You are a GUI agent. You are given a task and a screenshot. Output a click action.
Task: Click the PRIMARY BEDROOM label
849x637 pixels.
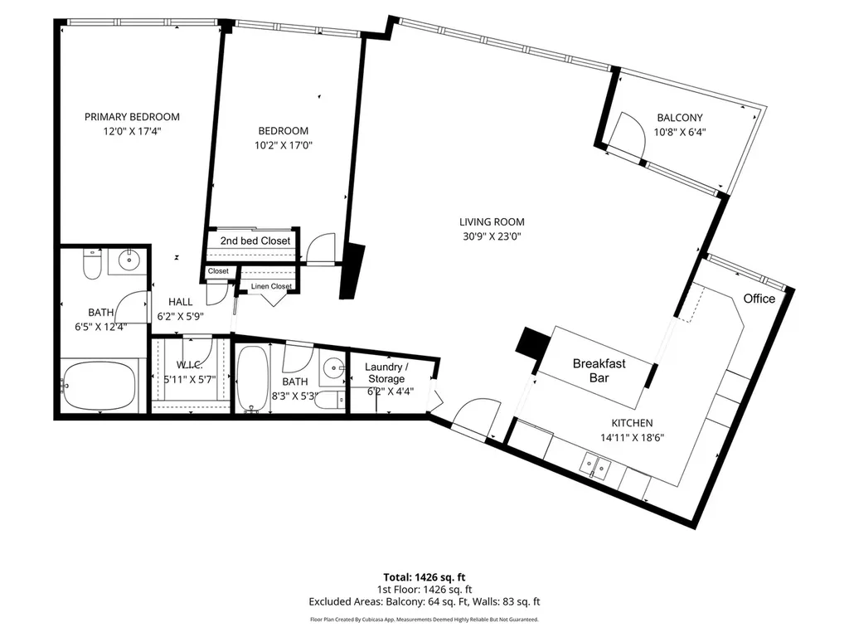(132, 116)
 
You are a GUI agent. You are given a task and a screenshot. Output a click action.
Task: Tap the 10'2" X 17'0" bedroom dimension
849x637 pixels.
(284, 145)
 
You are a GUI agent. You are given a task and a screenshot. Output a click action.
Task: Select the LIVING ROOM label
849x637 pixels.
(492, 221)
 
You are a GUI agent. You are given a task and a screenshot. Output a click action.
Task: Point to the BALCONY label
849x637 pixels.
(680, 118)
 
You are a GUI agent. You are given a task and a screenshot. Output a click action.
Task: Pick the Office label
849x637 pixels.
(759, 299)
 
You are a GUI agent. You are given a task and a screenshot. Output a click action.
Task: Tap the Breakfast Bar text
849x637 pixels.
(599, 371)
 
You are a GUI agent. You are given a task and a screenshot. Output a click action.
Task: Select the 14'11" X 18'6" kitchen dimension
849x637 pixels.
(632, 438)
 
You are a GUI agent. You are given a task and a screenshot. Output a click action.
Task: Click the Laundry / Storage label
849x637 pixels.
(386, 372)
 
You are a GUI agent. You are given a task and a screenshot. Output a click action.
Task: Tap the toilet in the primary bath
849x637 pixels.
(92, 264)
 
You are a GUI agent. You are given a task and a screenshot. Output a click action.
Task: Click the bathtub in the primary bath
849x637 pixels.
(99, 387)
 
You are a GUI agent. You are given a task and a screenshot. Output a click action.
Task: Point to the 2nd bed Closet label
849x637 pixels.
(255, 241)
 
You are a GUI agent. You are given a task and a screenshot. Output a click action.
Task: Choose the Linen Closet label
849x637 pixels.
(271, 286)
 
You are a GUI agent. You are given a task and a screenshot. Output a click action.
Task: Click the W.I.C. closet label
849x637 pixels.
(189, 365)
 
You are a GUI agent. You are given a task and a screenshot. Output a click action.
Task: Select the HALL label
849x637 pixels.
(180, 302)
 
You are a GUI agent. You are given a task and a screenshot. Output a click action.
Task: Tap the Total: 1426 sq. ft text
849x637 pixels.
(424, 577)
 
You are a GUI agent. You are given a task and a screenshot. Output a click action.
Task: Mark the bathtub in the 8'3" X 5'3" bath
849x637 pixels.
(252, 378)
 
